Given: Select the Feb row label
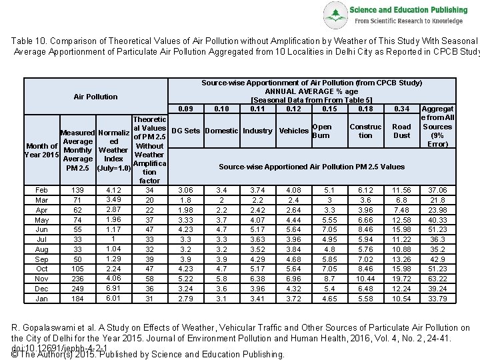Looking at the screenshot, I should [41, 190].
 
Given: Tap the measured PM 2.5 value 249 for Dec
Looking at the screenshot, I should [78, 289].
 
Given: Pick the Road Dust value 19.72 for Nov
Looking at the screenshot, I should [401, 279].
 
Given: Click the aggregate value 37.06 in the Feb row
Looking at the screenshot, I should [437, 190].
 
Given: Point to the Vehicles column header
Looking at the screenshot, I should [293, 131].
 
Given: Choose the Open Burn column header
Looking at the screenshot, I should [321, 131].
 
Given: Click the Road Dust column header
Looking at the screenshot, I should [401, 131].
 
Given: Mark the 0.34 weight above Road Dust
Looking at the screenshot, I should [401, 109].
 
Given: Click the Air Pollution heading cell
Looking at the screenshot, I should [95, 97].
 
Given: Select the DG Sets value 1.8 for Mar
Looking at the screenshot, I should [186, 200].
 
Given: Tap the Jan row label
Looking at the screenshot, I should [41, 299].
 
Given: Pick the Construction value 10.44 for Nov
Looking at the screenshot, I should [365, 279].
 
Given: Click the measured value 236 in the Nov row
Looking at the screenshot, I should [78, 279].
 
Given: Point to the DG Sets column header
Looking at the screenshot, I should [186, 131].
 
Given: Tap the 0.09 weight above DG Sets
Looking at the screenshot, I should [186, 109].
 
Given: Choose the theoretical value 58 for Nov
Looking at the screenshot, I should [149, 279].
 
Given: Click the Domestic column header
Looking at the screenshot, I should [222, 131].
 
